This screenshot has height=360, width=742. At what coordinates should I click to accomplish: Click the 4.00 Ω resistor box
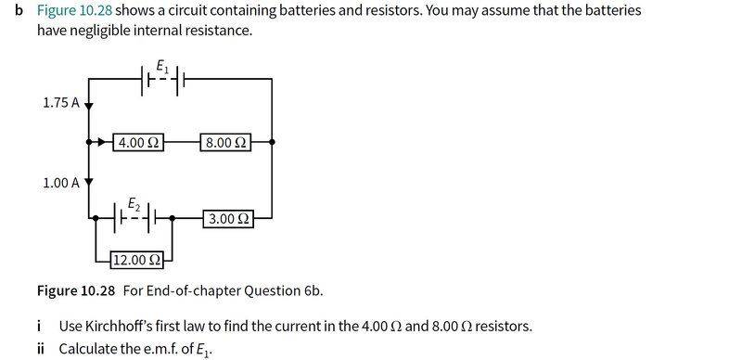click(138, 142)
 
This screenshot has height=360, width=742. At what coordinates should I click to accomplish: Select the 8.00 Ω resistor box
click(226, 142)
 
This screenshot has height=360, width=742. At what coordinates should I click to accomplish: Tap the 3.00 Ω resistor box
click(228, 219)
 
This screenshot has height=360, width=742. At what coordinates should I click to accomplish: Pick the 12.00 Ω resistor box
click(136, 260)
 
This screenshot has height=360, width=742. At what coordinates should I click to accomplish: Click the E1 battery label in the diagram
click(162, 67)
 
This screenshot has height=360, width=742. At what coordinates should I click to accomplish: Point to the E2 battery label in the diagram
click(134, 205)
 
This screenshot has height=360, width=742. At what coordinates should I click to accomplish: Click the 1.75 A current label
click(61, 103)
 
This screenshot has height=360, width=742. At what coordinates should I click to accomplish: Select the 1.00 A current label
click(61, 183)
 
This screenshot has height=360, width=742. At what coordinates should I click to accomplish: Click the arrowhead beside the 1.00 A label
click(89, 182)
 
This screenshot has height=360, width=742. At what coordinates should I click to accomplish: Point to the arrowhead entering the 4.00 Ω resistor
click(101, 142)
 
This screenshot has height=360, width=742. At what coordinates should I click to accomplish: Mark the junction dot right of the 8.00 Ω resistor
click(272, 142)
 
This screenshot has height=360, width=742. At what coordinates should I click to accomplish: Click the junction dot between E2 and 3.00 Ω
click(172, 218)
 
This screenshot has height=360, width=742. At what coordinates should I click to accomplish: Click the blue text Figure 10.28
click(75, 10)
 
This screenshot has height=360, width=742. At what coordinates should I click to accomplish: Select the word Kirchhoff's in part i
click(98, 327)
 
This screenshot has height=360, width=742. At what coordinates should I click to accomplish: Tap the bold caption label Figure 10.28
click(76, 290)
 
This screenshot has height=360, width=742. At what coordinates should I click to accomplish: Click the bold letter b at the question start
click(19, 10)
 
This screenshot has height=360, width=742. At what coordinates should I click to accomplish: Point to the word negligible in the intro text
click(82, 31)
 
